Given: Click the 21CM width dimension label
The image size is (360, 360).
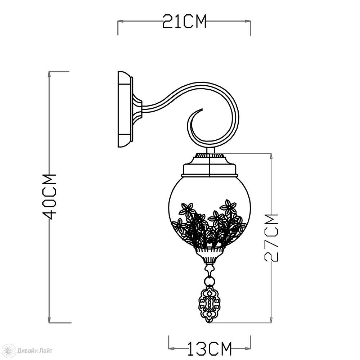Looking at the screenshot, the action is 184,21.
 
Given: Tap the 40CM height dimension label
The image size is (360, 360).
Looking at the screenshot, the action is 49,197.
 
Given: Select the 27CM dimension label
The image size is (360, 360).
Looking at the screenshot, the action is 271,238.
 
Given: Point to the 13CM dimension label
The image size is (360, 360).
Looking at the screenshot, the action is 210,348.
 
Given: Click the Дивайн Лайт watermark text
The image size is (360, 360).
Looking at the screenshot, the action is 35,351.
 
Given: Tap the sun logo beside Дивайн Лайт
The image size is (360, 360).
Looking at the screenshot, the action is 9,351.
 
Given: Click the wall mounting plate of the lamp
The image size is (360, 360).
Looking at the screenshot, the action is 125,109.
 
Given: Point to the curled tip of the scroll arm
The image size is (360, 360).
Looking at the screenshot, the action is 202,109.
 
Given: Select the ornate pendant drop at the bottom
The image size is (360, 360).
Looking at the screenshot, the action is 209,304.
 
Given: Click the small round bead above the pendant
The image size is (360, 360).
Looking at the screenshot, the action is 210,281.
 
